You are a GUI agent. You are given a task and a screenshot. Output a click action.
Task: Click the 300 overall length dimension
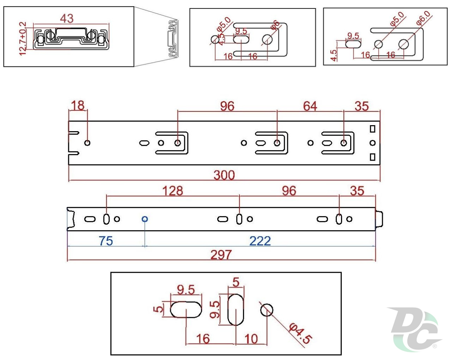(x=224, y=175)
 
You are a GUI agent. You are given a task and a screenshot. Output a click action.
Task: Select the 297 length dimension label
(x=221, y=255)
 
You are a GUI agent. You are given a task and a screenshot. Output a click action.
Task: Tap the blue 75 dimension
(x=105, y=241)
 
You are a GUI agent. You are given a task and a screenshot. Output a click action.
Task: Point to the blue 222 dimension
(x=260, y=241)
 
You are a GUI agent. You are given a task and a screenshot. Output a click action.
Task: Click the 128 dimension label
(x=172, y=191)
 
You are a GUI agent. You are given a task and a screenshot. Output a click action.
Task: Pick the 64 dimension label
(x=310, y=106)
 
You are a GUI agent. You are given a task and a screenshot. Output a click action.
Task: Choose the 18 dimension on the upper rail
(x=78, y=105)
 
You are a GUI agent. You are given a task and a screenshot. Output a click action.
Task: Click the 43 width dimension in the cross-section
(x=67, y=18)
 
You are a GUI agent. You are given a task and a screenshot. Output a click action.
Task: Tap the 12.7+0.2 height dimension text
(x=23, y=38)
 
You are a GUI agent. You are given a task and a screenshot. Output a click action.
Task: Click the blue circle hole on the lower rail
(x=144, y=219)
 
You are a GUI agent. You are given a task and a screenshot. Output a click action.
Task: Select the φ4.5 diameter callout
(x=300, y=334)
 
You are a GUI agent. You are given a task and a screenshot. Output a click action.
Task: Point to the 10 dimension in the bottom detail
(x=251, y=339)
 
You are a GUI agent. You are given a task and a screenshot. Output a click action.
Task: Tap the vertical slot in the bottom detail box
(x=236, y=309)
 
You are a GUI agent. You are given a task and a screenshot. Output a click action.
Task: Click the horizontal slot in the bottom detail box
(x=186, y=309)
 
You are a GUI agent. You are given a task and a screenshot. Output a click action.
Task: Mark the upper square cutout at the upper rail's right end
(x=373, y=129)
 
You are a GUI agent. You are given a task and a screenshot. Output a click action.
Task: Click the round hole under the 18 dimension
(x=88, y=143)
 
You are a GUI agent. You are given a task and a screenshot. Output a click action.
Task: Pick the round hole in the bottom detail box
(x=267, y=310)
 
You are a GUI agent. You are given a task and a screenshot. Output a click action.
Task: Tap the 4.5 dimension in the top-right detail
(x=334, y=55)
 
